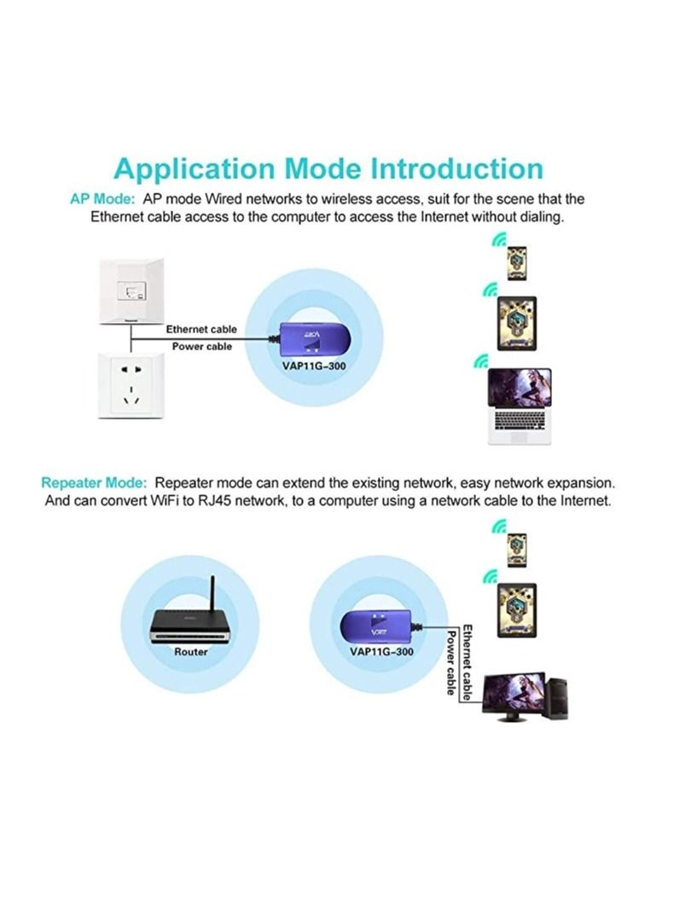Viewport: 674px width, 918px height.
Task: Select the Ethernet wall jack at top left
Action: tap(130, 292)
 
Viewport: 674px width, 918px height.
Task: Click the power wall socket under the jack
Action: tap(130, 385)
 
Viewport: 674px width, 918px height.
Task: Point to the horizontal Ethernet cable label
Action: tap(201, 329)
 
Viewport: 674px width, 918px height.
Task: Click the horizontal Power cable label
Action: tap(201, 347)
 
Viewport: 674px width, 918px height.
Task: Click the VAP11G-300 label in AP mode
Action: tap(314, 367)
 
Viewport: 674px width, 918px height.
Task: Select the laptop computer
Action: tap(519, 405)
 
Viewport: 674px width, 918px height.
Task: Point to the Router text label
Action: tap(191, 652)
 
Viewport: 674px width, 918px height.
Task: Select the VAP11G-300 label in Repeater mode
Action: tap(381, 652)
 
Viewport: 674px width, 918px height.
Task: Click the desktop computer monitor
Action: tap(514, 695)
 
